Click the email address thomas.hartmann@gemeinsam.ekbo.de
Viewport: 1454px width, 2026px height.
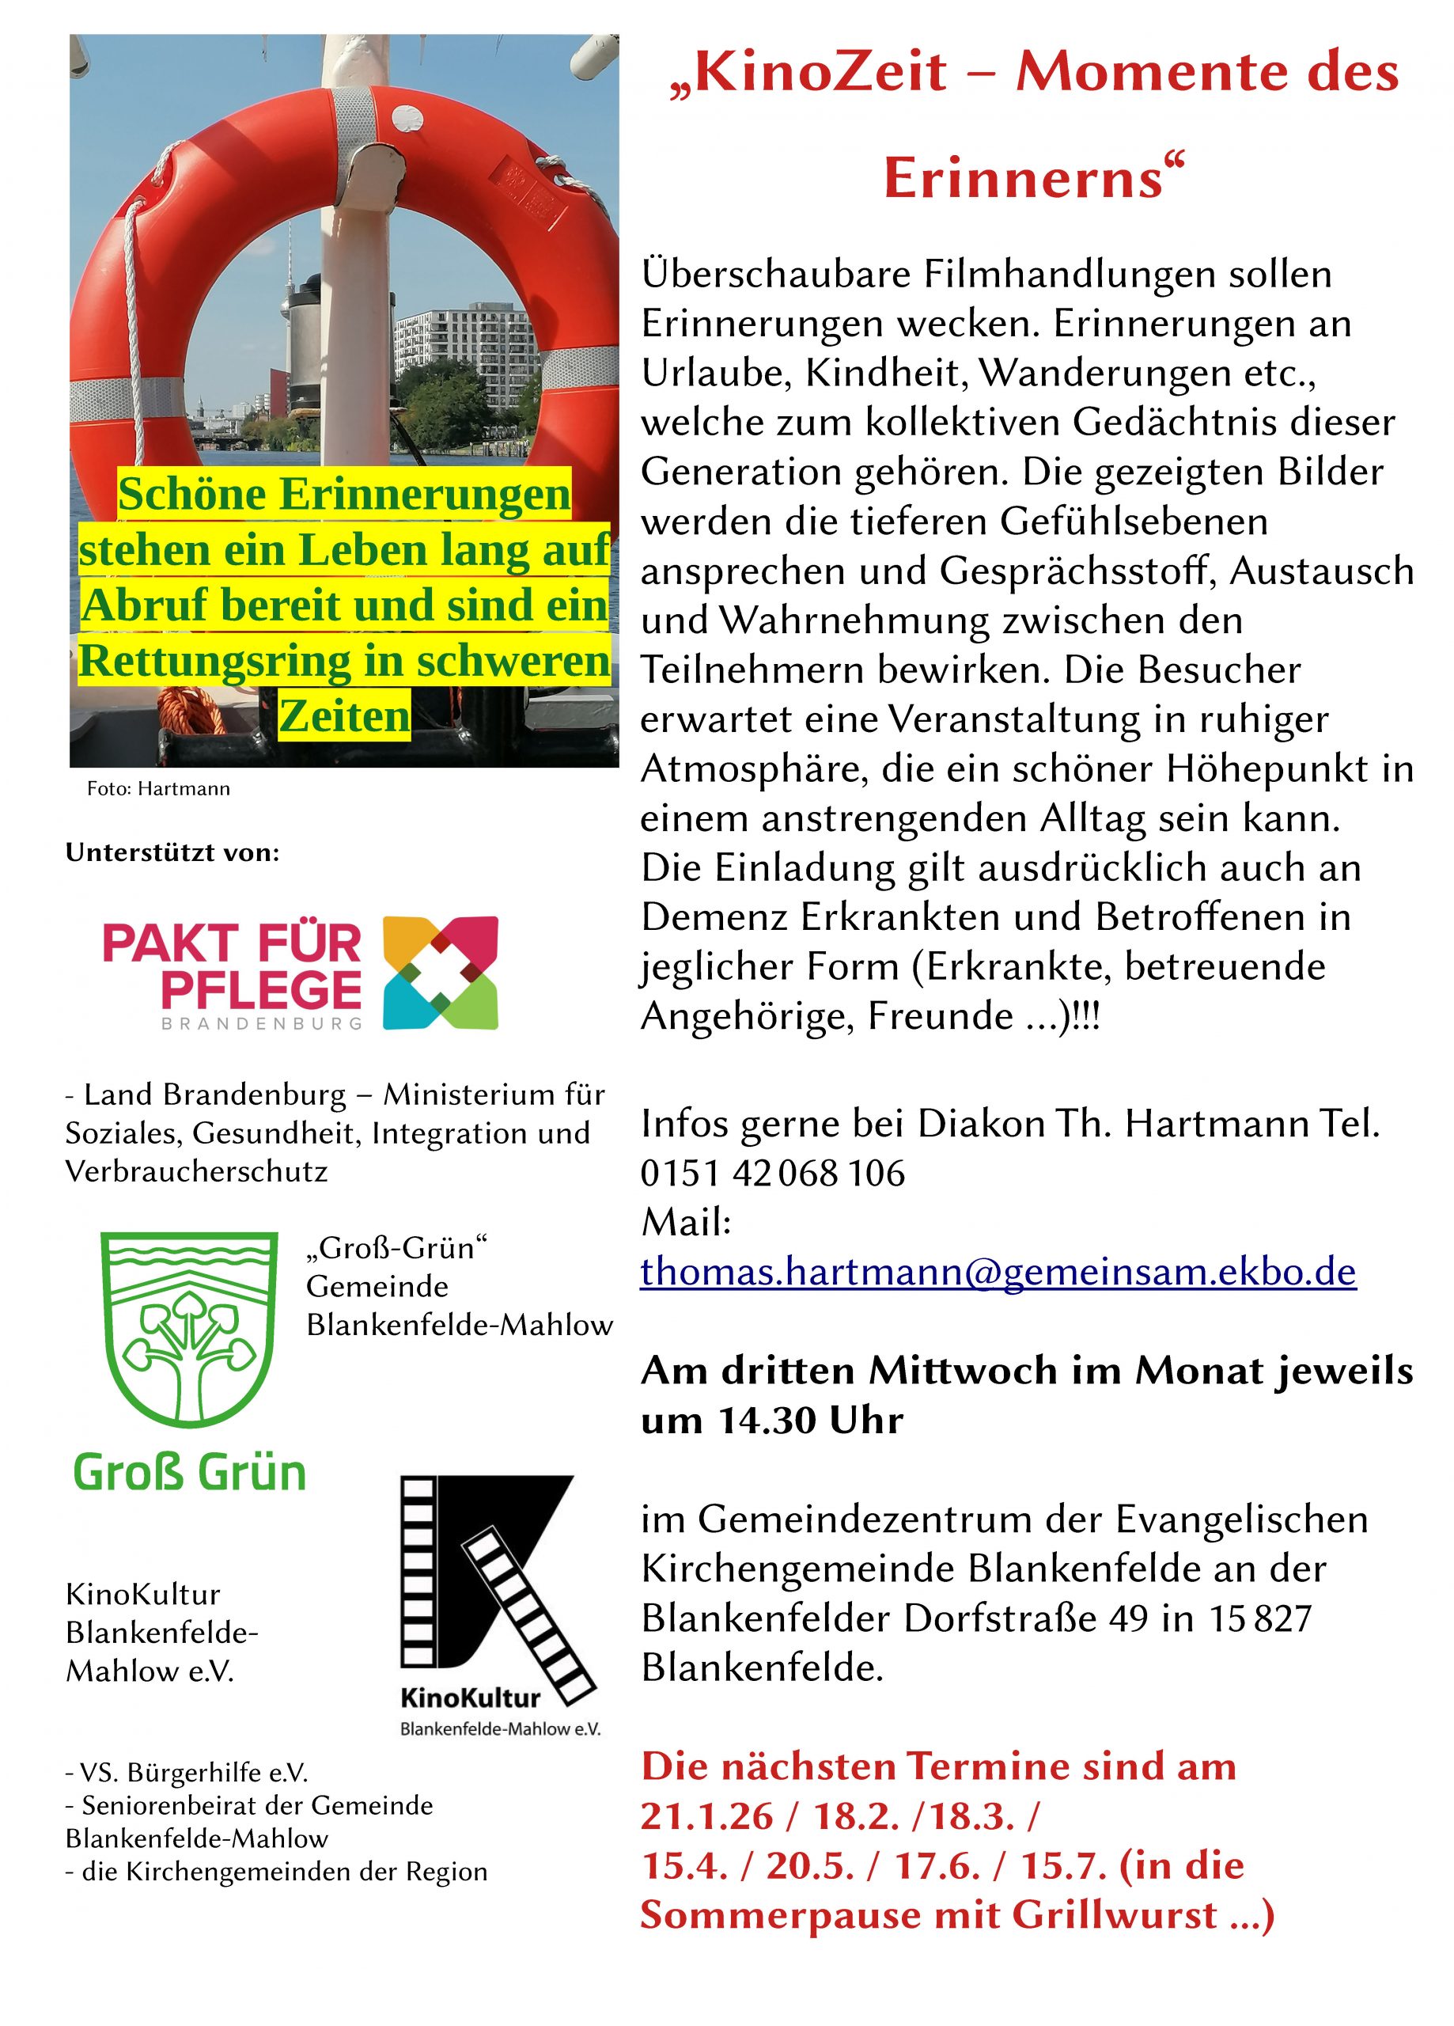pos(998,1271)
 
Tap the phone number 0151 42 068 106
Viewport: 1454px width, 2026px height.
pos(773,1173)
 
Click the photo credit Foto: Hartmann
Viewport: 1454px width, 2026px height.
pos(158,789)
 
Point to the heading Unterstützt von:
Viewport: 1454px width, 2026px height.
pos(172,852)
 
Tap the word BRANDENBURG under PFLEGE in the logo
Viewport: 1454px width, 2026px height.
pos(262,1024)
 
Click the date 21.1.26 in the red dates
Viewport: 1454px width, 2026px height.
pos(706,1816)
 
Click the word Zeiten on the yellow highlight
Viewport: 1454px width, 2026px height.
pos(345,715)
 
